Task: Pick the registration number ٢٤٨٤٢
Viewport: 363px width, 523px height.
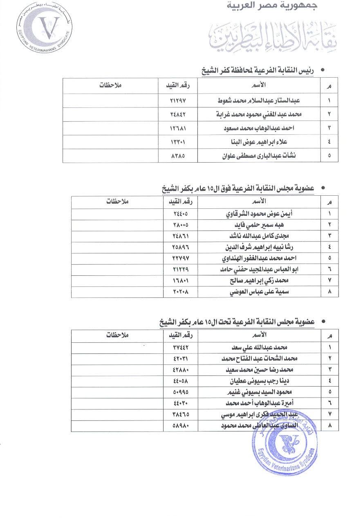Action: coord(178,114)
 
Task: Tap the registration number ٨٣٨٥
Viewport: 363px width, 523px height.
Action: coord(178,156)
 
